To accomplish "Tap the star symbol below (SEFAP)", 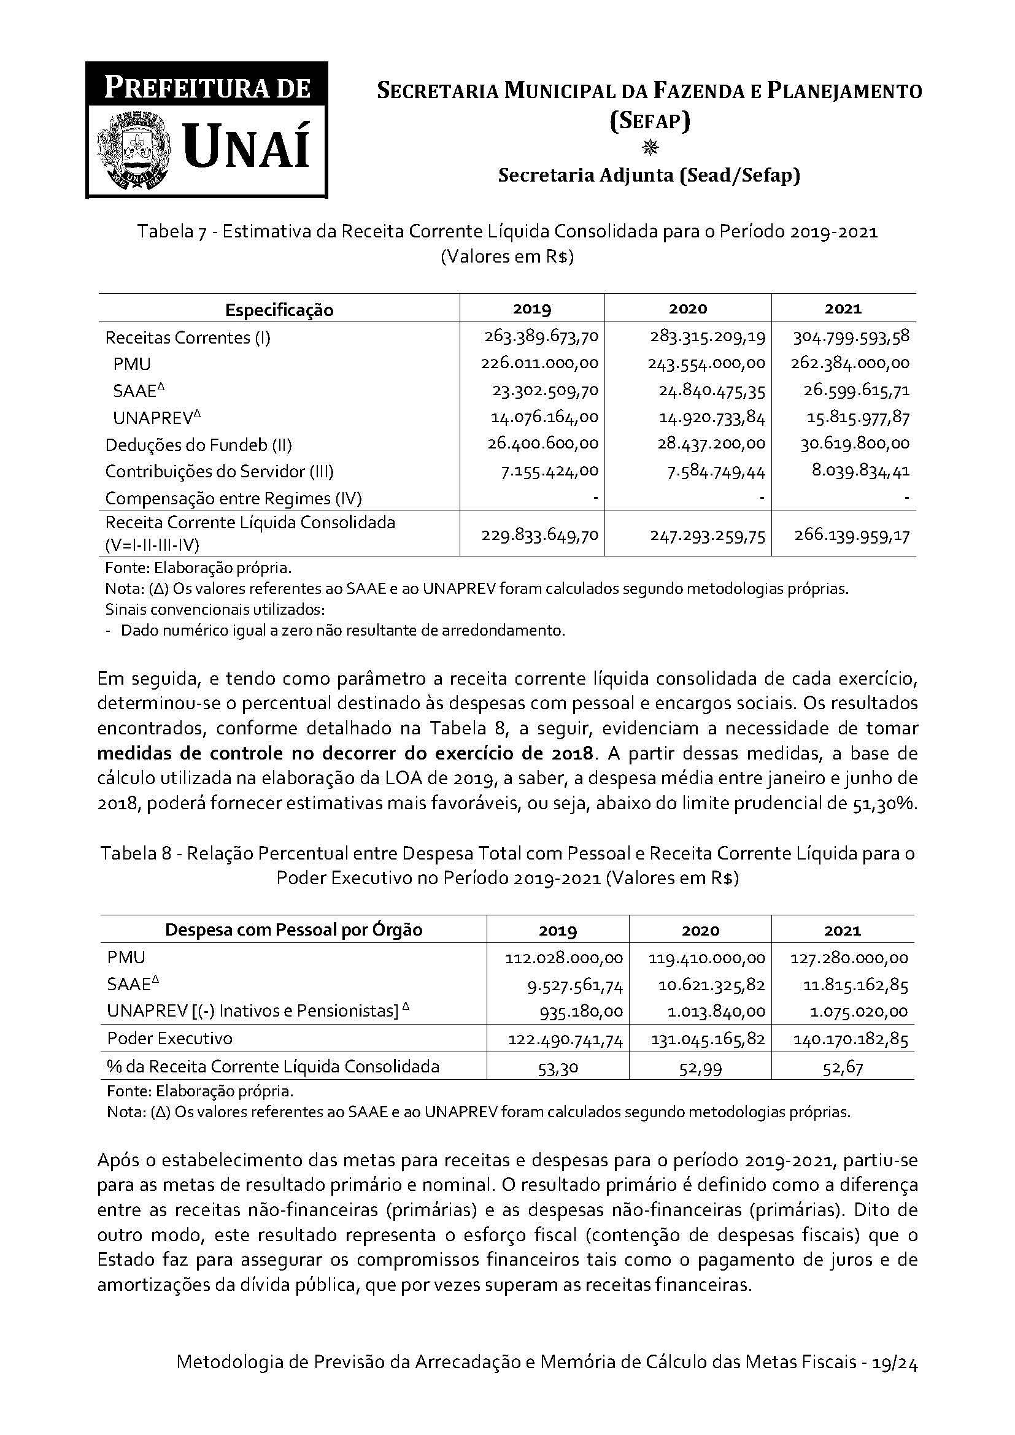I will click(650, 148).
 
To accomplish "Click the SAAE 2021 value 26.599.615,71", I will click(856, 391).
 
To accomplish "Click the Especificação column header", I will click(279, 310).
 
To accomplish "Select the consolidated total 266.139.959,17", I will click(852, 536).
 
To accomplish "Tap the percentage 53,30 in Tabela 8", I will click(558, 1068).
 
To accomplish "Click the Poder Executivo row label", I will click(170, 1039).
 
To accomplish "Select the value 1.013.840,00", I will click(712, 1012).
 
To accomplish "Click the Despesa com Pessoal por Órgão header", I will click(294, 930).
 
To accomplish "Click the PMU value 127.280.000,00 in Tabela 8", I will click(849, 958).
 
